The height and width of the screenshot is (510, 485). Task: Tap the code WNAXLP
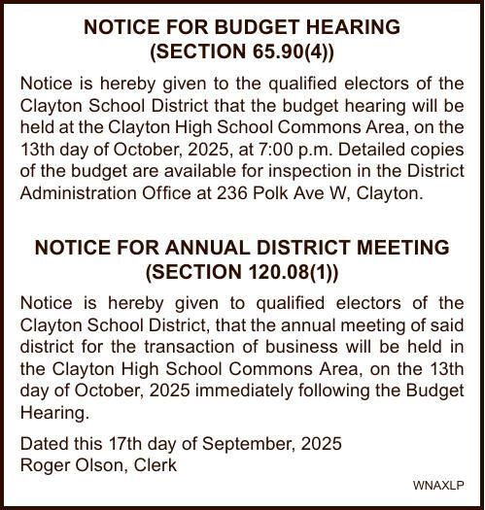point(438,485)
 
